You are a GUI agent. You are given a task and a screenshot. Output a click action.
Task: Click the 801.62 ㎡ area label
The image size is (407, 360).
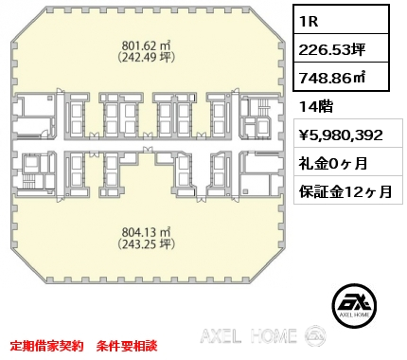pos(147,46)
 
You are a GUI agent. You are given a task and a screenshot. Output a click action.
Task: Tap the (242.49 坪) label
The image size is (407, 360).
pos(147,57)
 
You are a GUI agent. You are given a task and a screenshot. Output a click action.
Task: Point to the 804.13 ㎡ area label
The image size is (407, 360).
pos(147,233)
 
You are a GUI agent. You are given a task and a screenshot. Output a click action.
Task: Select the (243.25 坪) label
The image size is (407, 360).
pos(147,243)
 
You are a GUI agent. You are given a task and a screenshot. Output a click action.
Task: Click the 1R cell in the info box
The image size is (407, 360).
pos(341,20)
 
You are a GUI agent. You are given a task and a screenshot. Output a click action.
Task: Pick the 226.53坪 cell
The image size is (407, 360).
pos(341,48)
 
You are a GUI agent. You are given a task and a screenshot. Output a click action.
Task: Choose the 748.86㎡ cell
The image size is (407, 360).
pos(341,77)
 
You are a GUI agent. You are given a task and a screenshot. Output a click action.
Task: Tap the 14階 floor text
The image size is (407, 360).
pos(316,107)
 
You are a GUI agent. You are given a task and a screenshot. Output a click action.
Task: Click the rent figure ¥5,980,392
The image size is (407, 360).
pos(341,135)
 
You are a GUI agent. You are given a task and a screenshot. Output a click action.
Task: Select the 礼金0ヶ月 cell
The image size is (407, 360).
pos(333,164)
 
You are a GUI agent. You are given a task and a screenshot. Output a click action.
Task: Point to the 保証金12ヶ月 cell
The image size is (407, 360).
pos(345,191)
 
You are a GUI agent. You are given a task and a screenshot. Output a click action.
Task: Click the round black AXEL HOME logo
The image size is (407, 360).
pos(354,305)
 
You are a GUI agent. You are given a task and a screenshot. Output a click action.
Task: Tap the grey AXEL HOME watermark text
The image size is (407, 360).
pos(249,335)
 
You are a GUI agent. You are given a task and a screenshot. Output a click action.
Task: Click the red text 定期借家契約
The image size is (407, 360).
pos(46,346)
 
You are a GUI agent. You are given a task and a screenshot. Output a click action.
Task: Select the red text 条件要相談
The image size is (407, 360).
pos(127,346)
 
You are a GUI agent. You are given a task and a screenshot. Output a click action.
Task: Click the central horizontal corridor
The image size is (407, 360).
pos(147,145)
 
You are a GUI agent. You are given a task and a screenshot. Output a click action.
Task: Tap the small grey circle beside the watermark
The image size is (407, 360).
pos(315,335)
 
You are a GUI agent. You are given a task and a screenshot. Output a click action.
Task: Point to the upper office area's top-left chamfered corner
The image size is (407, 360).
pos(28,24)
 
